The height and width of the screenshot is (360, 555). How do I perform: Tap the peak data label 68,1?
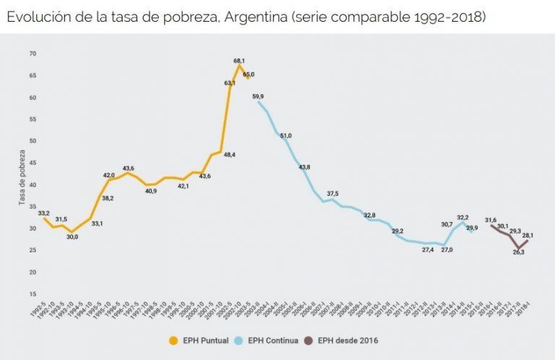(x=240, y=61)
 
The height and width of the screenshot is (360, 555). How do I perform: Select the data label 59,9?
(x=258, y=97)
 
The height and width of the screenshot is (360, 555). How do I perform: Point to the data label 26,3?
(x=520, y=252)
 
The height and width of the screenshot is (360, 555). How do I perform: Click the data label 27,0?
(x=446, y=249)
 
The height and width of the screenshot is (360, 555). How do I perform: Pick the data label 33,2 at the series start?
(x=43, y=213)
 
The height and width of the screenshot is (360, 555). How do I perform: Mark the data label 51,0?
(x=285, y=136)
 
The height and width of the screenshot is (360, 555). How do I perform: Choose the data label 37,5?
(x=332, y=194)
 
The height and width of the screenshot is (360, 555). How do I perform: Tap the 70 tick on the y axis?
(x=32, y=53)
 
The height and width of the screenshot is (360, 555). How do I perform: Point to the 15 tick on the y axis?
(x=32, y=294)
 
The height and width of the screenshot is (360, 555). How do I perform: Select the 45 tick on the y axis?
(x=32, y=163)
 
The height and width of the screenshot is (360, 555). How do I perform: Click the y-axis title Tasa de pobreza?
(x=22, y=178)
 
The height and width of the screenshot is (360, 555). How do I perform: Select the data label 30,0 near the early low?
(x=72, y=236)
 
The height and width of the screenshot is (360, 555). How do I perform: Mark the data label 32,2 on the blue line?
(x=463, y=218)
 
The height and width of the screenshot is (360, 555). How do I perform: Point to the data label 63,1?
(x=229, y=83)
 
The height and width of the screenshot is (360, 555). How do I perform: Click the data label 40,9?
(x=151, y=191)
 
